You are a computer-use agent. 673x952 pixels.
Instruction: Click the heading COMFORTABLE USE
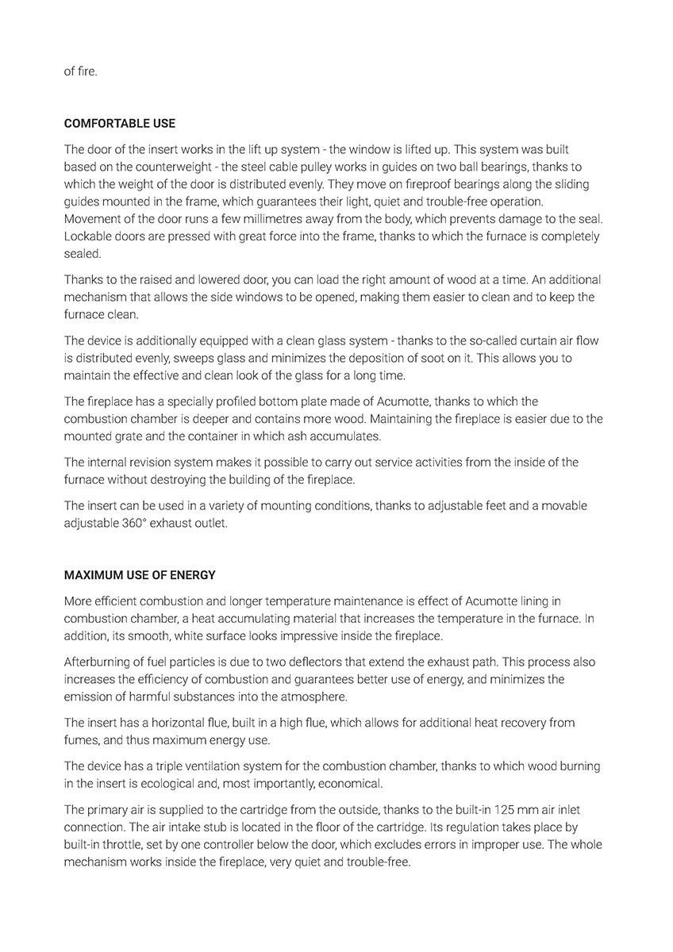click(x=120, y=124)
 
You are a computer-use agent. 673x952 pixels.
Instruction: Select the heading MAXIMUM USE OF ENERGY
click(x=140, y=575)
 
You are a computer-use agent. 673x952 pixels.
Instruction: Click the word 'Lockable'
click(x=87, y=236)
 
